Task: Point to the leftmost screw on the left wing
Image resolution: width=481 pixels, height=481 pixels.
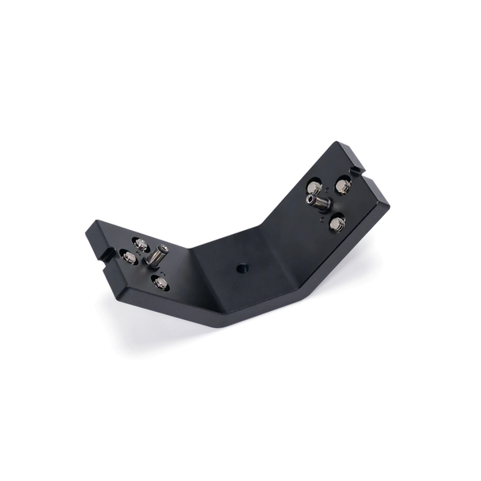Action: tap(128, 257)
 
